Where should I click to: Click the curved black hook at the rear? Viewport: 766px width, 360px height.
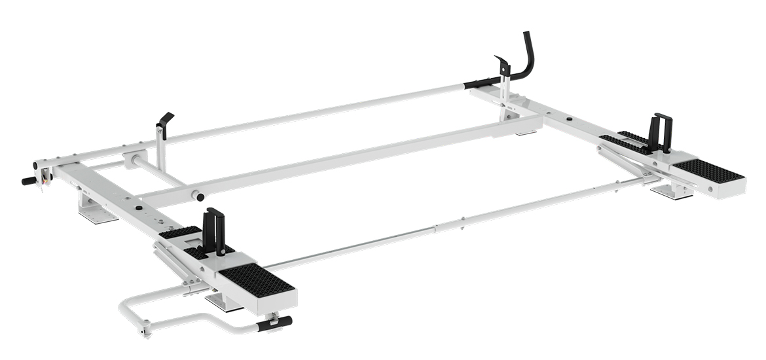pyautogui.click(x=528, y=56)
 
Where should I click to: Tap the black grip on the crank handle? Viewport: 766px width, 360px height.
pyautogui.click(x=275, y=323)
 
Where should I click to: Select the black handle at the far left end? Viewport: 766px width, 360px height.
pyautogui.click(x=28, y=180)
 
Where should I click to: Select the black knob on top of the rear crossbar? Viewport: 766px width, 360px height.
pyautogui.click(x=569, y=120)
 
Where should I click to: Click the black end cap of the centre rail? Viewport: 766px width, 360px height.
pyautogui.click(x=196, y=196)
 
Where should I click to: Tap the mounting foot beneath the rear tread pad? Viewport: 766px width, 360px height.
pyautogui.click(x=672, y=192)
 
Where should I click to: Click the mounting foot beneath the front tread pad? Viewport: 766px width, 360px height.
pyautogui.click(x=225, y=302)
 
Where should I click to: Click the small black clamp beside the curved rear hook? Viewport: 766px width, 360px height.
pyautogui.click(x=502, y=65)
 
